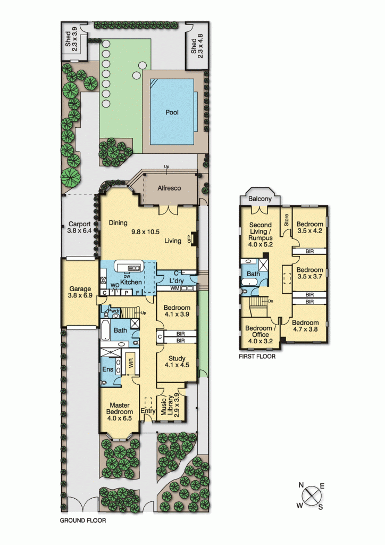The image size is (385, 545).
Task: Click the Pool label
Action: (x=172, y=113)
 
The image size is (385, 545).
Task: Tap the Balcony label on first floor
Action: (x=261, y=199)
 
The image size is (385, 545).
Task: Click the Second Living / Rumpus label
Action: (x=260, y=235)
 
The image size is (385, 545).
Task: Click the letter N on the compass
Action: (x=301, y=485)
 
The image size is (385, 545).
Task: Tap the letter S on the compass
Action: (x=321, y=507)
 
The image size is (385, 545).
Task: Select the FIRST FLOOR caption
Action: (x=257, y=357)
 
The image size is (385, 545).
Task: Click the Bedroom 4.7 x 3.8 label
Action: (x=305, y=326)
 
